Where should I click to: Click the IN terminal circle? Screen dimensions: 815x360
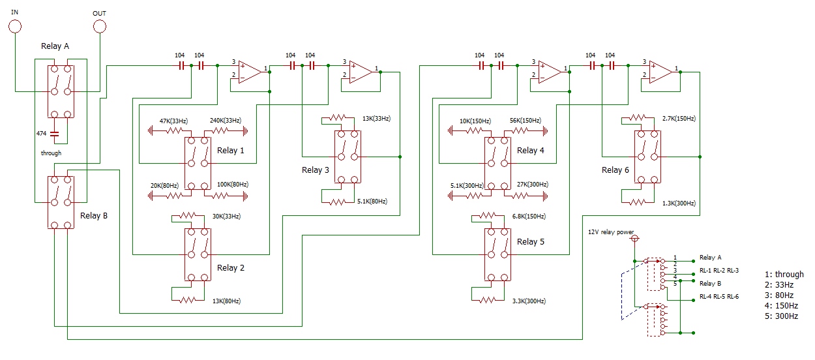15,27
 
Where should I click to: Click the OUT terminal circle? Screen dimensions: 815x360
100,27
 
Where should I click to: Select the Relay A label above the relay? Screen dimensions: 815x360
55,46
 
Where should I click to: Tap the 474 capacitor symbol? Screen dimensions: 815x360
54,134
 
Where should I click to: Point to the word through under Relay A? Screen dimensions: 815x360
51,153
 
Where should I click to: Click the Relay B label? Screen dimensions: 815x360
94,215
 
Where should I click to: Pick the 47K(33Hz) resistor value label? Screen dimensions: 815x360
173,121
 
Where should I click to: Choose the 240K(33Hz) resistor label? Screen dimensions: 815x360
226,121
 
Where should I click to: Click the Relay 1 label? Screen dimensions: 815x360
231,151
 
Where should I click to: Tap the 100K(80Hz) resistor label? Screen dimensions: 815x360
233,185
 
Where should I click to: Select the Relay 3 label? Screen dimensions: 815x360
316,170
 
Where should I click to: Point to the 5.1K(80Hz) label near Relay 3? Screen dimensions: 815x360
372,202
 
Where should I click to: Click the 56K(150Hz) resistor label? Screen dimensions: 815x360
526,121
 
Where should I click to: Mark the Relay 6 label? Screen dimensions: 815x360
615,170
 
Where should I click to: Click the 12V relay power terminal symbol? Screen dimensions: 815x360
634,239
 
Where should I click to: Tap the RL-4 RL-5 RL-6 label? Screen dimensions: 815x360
719,296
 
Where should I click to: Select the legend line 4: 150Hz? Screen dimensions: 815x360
781,306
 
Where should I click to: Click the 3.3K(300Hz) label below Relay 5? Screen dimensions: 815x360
529,301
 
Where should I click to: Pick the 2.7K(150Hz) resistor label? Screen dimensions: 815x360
679,119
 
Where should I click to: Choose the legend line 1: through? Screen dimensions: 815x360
784,275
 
